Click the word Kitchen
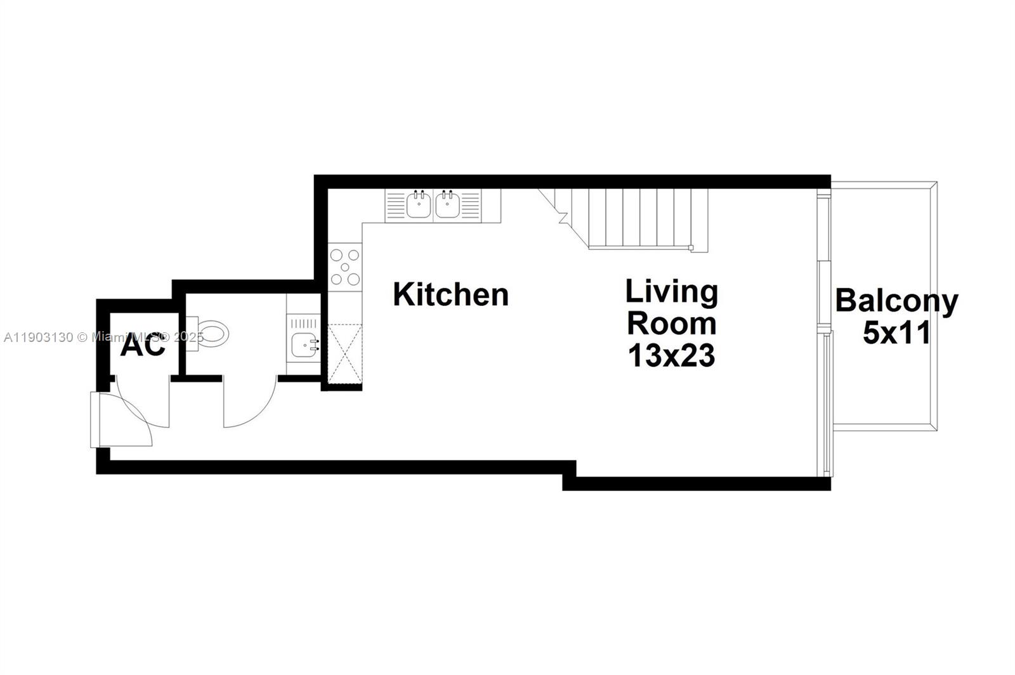coord(450,295)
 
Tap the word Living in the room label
coord(671,292)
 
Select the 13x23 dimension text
coord(671,355)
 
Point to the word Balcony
coord(896,301)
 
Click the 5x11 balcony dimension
coord(896,332)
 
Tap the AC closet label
coord(143,346)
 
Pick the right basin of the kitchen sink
coord(447,204)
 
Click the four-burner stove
coord(345,267)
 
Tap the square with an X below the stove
coord(345,353)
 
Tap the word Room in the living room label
coord(671,324)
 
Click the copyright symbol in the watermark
coord(82,337)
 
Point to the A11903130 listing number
coord(38,337)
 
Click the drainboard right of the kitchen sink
coord(470,204)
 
